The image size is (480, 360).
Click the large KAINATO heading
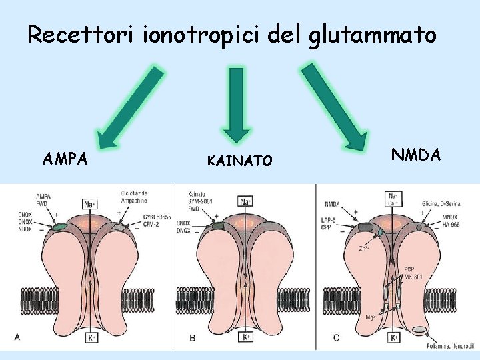point(239,161)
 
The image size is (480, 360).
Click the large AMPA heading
point(65,159)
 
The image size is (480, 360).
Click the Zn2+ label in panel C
point(364,248)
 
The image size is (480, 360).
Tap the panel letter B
point(192,338)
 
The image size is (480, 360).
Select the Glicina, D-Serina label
point(443,203)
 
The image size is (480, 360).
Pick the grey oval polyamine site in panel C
point(420,329)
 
